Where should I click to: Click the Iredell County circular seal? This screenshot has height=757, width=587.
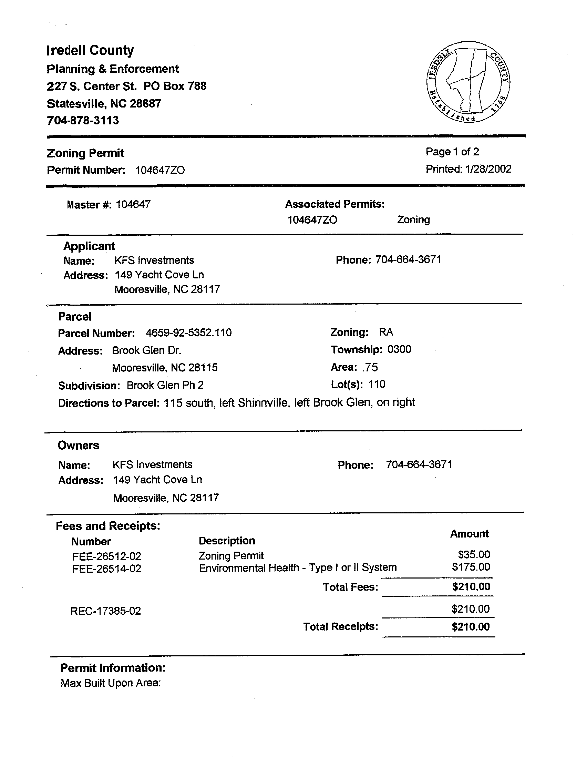pyautogui.click(x=468, y=82)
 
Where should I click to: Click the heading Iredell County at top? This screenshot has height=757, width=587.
pyautogui.click(x=90, y=51)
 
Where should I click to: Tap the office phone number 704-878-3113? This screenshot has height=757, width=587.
pyautogui.click(x=83, y=121)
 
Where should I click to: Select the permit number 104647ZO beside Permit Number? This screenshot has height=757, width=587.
pyautogui.click(x=160, y=170)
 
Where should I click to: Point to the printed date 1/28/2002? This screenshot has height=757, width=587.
pyautogui.click(x=488, y=169)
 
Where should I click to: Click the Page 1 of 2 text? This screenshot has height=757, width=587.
pyautogui.click(x=452, y=152)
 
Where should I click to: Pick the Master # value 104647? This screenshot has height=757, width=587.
pyautogui.click(x=133, y=205)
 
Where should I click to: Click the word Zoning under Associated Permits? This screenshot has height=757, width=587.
pyautogui.click(x=413, y=220)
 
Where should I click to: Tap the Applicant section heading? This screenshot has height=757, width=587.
pyautogui.click(x=89, y=246)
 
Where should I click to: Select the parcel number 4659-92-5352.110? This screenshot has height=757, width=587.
pyautogui.click(x=189, y=333)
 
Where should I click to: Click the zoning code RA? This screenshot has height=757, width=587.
pyautogui.click(x=386, y=332)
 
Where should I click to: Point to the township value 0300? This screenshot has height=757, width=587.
pyautogui.click(x=399, y=349)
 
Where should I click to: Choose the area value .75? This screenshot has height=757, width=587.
pyautogui.click(x=370, y=367)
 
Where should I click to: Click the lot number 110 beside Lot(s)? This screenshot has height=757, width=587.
pyautogui.click(x=377, y=385)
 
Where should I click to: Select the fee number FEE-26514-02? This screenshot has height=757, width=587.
pyautogui.click(x=107, y=569)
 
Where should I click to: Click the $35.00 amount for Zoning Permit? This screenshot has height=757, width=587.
pyautogui.click(x=474, y=555)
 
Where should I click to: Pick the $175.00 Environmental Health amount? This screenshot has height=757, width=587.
pyautogui.click(x=471, y=567)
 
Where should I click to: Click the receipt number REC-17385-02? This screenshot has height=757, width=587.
pyautogui.click(x=106, y=611)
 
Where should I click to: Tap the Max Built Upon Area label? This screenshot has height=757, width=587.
pyautogui.click(x=111, y=683)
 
